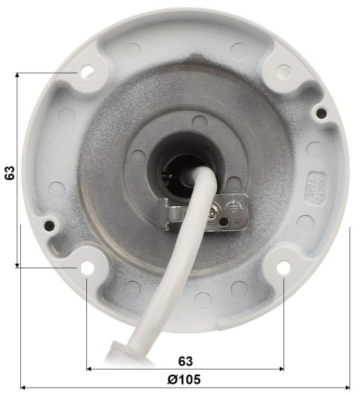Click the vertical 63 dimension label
(x=10, y=172)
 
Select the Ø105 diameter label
(x=184, y=379)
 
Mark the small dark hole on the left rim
(x=49, y=223)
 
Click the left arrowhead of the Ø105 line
(x=24, y=388)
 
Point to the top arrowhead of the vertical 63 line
(x=17, y=76)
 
